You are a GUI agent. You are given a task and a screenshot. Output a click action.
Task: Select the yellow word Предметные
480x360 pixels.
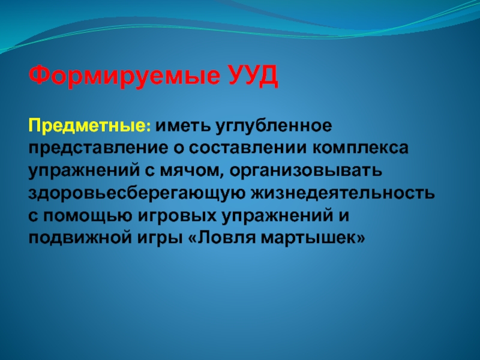[90, 127]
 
